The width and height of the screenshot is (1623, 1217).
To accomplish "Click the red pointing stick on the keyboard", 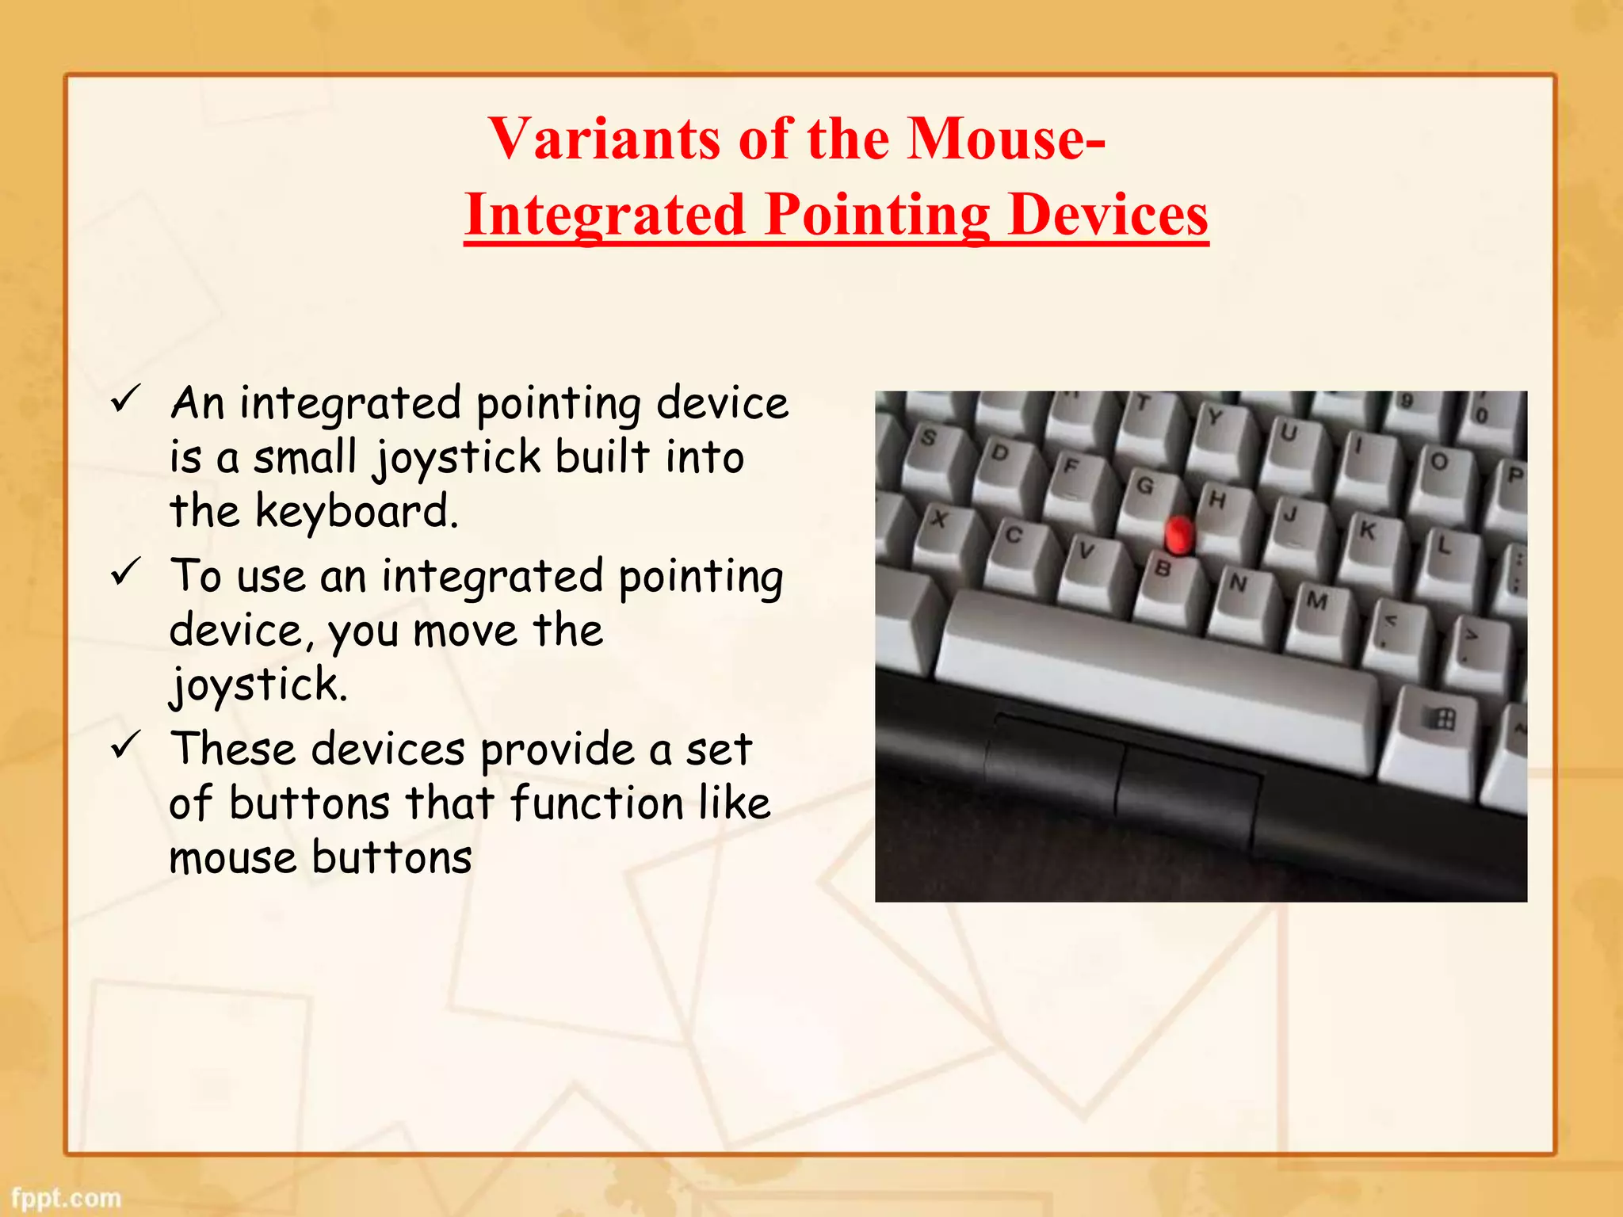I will coord(1178,533).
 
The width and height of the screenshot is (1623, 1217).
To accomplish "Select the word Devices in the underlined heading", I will coord(1108,215).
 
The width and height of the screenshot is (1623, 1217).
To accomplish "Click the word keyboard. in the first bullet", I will coord(356,511).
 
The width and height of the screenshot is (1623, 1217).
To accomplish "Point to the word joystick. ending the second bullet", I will coord(258,685).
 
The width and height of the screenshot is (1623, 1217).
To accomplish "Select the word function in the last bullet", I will coord(596,803).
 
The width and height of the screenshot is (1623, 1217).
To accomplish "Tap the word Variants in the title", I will coord(605,139).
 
